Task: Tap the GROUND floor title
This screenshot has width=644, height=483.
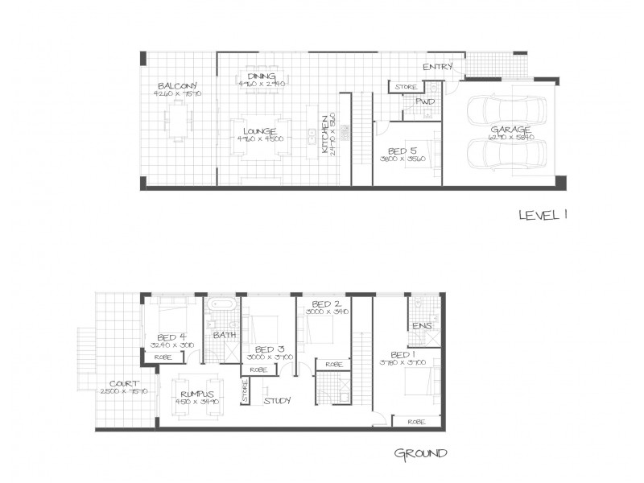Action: click(x=420, y=453)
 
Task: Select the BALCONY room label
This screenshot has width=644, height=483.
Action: click(x=177, y=85)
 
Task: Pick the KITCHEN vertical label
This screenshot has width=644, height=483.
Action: click(x=326, y=134)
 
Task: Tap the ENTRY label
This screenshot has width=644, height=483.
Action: click(x=437, y=67)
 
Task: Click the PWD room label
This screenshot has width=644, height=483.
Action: click(x=424, y=102)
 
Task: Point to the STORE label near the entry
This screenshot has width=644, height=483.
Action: click(x=405, y=86)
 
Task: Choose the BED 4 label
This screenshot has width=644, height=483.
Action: click(x=172, y=337)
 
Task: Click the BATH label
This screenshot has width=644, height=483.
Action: click(x=225, y=334)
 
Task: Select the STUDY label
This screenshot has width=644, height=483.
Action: click(x=277, y=399)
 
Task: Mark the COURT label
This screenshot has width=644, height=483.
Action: click(x=124, y=384)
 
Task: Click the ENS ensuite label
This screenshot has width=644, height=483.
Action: click(x=422, y=326)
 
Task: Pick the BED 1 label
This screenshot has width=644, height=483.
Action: click(x=402, y=355)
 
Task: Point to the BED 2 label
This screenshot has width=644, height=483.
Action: click(x=322, y=303)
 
